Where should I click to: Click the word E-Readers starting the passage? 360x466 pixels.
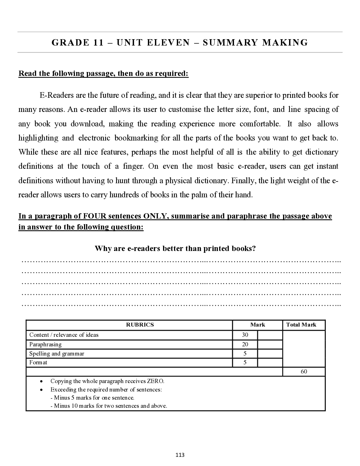coord(56,95)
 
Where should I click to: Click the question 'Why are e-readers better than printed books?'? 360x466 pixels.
coord(175,249)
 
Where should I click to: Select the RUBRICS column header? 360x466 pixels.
coord(140,325)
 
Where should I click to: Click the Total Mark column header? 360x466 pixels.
coord(301,325)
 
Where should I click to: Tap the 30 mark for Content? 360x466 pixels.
coord(245,335)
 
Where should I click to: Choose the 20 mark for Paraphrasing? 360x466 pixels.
coord(245,345)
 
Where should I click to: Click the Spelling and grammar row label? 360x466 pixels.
coord(56,354)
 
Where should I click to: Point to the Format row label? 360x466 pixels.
coord(38,363)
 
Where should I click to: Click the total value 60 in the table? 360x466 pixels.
coord(304,372)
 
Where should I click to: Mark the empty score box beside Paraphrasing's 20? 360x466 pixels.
coord(270,345)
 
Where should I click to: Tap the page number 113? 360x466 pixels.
coord(180,455)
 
